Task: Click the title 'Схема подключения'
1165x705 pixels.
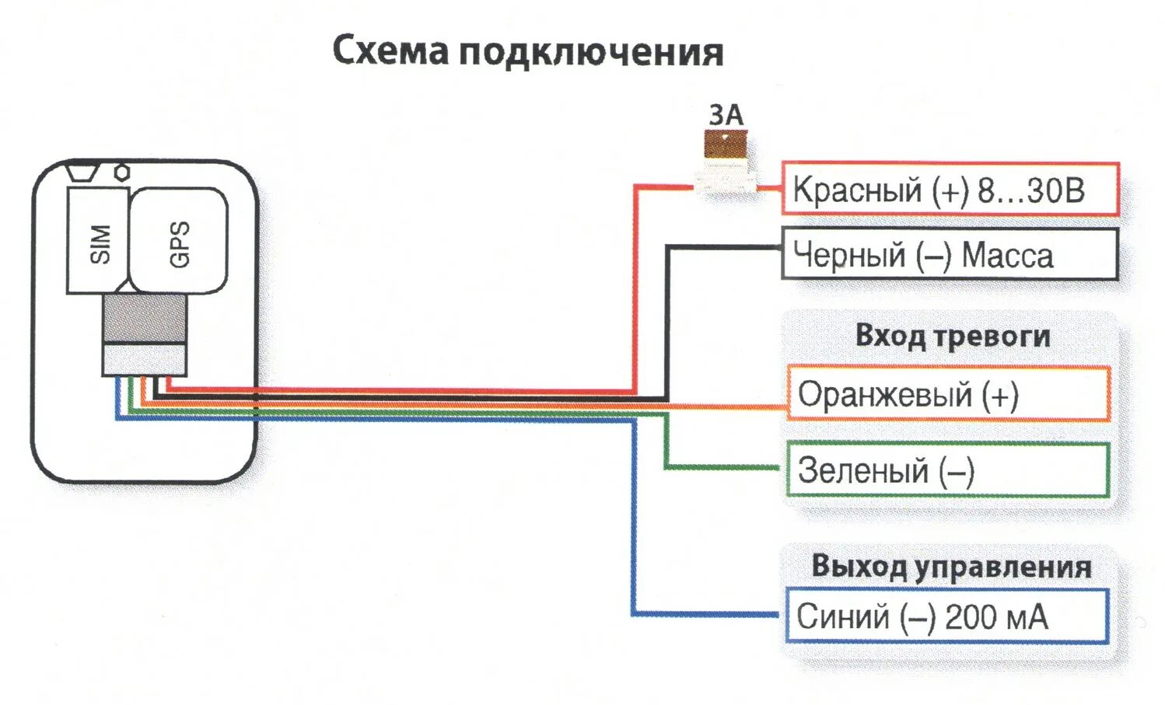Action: [528, 52]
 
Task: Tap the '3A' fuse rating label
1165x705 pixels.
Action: [726, 115]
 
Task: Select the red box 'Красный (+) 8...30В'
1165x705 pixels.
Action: [950, 190]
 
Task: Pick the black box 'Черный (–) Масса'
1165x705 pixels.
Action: [950, 254]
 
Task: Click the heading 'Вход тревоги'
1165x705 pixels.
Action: [953, 337]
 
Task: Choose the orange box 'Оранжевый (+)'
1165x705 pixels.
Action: [948, 394]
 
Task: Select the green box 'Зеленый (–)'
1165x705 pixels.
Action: [948, 470]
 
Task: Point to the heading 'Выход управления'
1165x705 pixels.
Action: [951, 567]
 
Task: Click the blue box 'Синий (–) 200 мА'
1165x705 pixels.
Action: [946, 617]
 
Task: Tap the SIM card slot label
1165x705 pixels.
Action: [100, 243]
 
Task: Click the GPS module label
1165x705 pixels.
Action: [179, 243]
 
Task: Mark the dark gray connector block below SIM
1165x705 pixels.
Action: [145, 319]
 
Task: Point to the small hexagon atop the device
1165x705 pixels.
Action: [122, 172]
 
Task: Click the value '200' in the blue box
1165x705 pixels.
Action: [971, 617]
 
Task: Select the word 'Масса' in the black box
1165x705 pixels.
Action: [1007, 255]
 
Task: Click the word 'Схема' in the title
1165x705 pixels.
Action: [391, 51]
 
